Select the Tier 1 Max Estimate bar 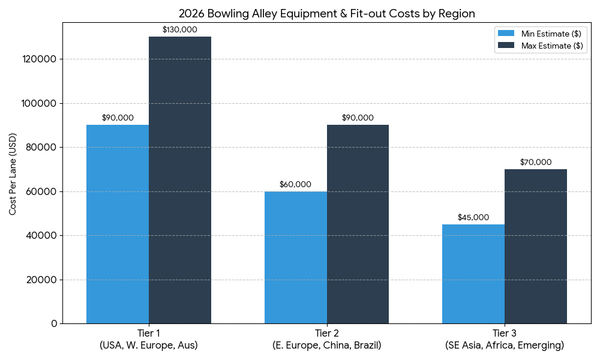[x=180, y=180]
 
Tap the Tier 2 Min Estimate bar [x=295, y=257]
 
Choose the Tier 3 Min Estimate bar [x=473, y=274]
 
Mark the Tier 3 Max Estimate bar [x=536, y=246]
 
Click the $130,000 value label [x=180, y=29]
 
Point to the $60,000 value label [x=295, y=184]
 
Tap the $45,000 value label [x=473, y=217]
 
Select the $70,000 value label [x=536, y=162]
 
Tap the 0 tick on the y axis [x=54, y=324]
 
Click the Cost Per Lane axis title [x=13, y=174]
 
